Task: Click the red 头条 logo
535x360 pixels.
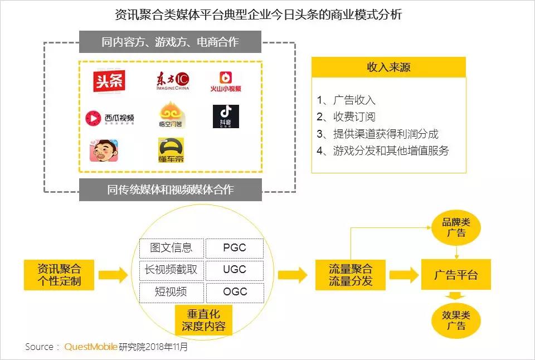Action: tap(109, 81)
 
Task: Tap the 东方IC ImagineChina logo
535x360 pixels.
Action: tap(172, 82)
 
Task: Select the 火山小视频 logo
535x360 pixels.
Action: tap(226, 81)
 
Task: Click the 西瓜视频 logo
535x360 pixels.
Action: tap(109, 118)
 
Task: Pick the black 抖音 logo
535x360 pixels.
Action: tap(226, 116)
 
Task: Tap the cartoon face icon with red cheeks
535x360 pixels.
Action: tap(104, 150)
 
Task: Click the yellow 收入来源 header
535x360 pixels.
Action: tap(388, 67)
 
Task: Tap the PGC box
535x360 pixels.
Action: tap(234, 248)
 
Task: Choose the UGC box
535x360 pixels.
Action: tap(234, 270)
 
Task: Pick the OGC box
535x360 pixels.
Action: tap(234, 292)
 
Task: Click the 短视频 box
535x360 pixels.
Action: tap(171, 292)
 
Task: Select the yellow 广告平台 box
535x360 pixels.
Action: tap(456, 275)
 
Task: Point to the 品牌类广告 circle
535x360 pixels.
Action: tap(456, 228)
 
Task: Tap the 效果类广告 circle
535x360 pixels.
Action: tap(456, 320)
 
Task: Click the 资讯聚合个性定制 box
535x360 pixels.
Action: tap(59, 275)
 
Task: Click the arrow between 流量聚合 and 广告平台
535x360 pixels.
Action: tap(403, 275)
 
